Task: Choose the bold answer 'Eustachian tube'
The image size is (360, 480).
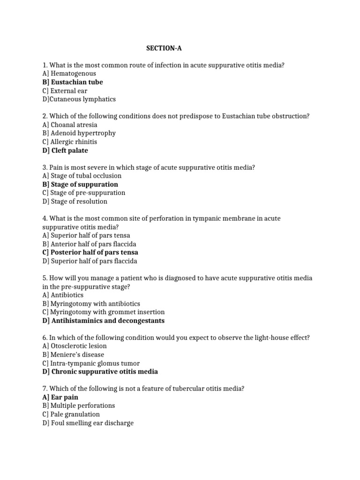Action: (x=73, y=82)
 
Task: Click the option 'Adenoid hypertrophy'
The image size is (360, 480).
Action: (x=79, y=133)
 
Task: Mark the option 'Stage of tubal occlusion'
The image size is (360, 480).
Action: (x=82, y=176)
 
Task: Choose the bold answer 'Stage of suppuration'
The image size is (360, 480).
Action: (x=80, y=184)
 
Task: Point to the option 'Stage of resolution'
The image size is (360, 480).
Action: (x=75, y=202)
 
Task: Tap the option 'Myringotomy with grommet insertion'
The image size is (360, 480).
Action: (x=104, y=312)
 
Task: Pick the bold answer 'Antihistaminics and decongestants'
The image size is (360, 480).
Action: (x=103, y=321)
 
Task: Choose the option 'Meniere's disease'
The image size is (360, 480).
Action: (x=73, y=355)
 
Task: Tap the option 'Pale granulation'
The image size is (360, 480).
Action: (x=71, y=414)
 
